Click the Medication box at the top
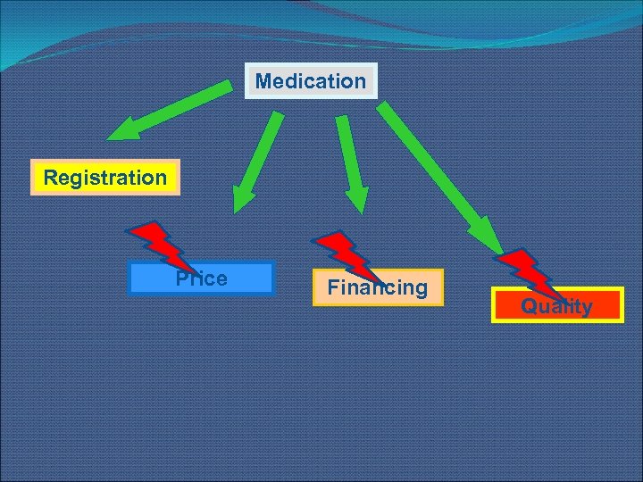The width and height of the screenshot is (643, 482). point(311,81)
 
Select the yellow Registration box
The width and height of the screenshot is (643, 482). point(105,178)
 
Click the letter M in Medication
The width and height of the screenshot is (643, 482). point(263,81)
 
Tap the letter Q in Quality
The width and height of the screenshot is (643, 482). point(530,306)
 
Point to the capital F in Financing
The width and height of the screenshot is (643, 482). point(333,287)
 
